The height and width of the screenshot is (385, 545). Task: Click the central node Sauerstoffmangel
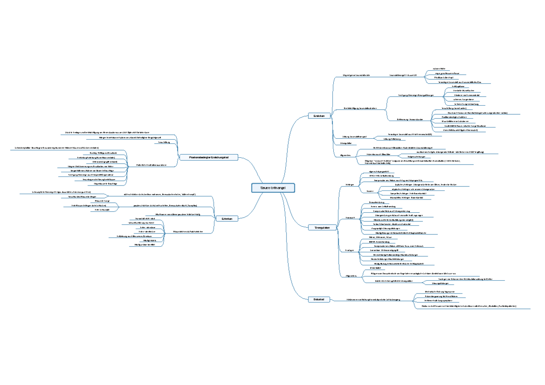[273, 188]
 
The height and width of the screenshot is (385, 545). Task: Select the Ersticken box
[318, 117]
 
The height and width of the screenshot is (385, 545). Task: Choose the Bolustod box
[318, 299]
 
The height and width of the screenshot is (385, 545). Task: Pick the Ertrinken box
[227, 219]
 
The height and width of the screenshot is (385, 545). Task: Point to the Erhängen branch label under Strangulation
[350, 185]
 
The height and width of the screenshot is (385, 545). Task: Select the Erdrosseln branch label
[350, 218]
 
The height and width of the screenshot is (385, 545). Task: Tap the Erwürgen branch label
[350, 250]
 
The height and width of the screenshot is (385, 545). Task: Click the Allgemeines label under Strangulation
[351, 275]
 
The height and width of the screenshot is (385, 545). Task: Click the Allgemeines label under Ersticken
[345, 155]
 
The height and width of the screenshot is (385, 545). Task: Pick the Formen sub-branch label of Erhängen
[370, 191]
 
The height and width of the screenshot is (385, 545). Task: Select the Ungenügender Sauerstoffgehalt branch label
[357, 74]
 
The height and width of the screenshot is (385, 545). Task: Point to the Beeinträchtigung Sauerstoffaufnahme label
[360, 108]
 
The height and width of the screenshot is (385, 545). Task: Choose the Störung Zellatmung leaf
[391, 139]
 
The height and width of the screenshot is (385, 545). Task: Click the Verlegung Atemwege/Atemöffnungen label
[416, 95]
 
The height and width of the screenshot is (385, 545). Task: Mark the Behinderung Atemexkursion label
[410, 120]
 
